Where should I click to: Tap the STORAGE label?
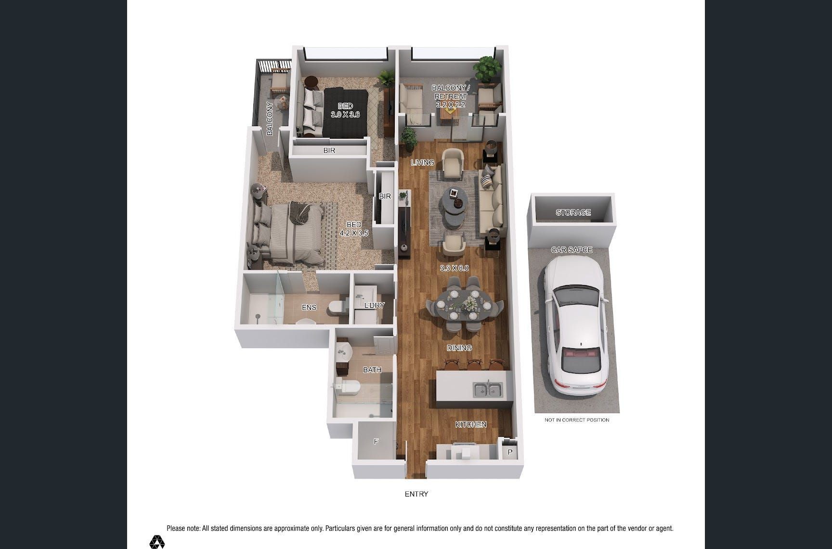[573, 212]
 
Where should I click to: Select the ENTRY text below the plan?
[416, 494]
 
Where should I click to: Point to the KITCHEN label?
[471, 424]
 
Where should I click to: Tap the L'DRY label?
[374, 305]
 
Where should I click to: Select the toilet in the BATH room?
[348, 385]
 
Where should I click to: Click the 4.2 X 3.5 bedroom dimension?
[354, 233]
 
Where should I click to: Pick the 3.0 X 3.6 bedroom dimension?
[345, 115]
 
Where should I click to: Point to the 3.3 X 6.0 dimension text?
[454, 268]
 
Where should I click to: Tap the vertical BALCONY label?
[270, 118]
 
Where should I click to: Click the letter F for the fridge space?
[376, 441]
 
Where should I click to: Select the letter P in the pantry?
[510, 452]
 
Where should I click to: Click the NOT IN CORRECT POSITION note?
[577, 420]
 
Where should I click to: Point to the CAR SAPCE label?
[572, 250]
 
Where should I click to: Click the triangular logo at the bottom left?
[157, 542]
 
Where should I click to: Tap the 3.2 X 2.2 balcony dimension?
[450, 105]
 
